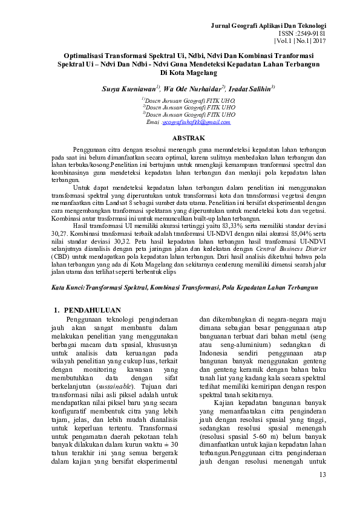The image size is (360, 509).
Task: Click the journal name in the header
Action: coord(268,26)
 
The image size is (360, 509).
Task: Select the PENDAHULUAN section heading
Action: coord(93,310)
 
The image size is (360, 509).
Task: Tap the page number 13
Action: coord(322,473)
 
